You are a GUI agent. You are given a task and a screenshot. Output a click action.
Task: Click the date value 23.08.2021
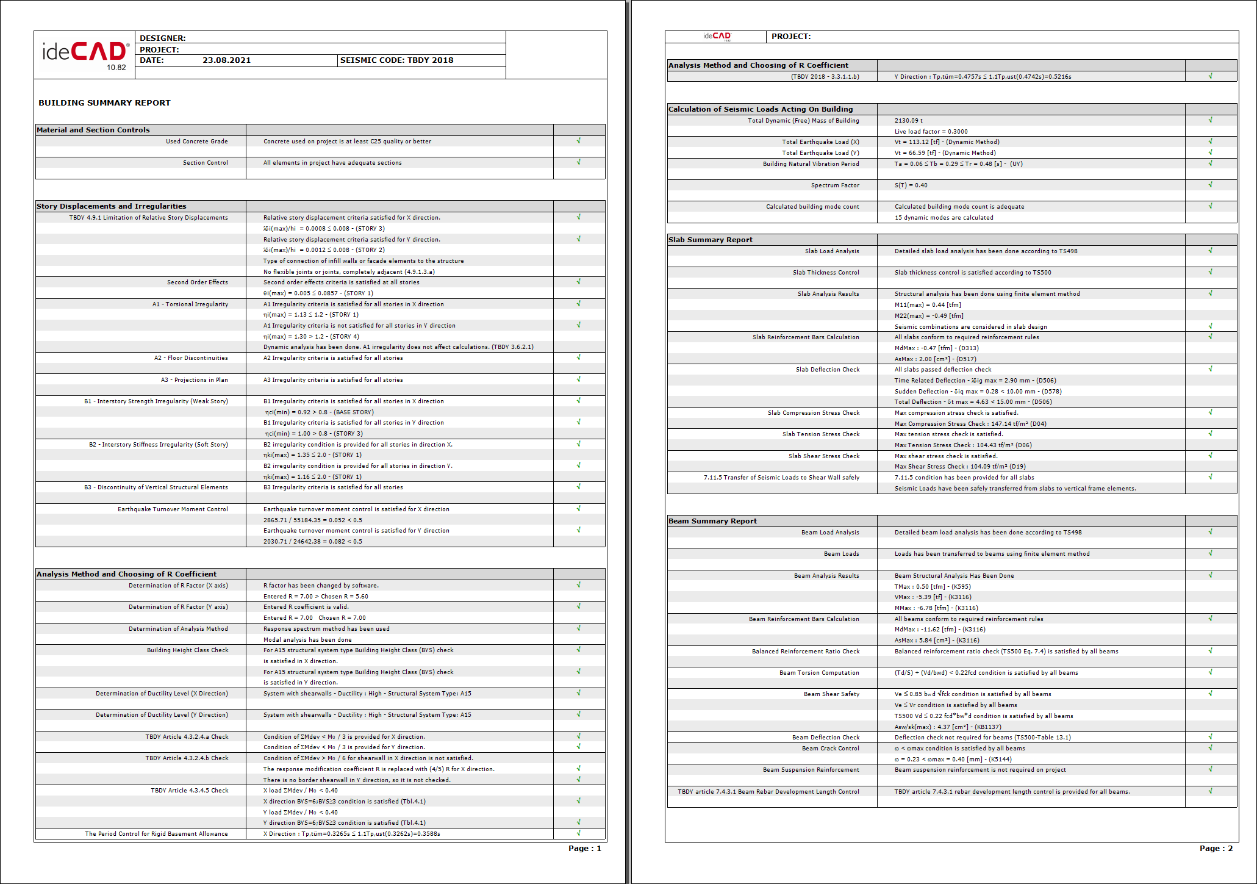click(x=226, y=60)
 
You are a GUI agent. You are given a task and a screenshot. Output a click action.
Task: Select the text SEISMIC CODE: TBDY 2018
click(x=396, y=60)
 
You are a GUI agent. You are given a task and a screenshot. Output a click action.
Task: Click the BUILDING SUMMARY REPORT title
click(x=104, y=103)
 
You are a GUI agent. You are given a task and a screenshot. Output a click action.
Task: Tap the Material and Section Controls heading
click(x=93, y=130)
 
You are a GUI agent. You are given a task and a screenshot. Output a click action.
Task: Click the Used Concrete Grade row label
click(x=196, y=142)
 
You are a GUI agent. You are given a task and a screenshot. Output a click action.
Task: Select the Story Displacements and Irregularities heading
click(x=111, y=206)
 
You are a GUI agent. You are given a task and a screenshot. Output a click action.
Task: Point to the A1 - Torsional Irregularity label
click(x=190, y=304)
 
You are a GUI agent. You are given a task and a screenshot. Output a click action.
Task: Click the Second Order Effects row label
click(x=197, y=282)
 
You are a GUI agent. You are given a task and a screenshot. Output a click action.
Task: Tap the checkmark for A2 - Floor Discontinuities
click(x=579, y=358)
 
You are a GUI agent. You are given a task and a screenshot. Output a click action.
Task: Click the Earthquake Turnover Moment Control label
click(x=173, y=509)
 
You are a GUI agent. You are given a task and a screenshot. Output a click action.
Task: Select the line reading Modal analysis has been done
click(x=307, y=640)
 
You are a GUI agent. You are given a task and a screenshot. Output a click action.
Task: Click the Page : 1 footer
click(x=584, y=849)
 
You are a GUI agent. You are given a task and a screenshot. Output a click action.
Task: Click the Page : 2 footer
click(x=1216, y=849)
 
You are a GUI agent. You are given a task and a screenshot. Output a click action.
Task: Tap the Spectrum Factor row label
click(x=834, y=185)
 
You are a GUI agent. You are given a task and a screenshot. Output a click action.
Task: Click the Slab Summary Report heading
click(x=710, y=240)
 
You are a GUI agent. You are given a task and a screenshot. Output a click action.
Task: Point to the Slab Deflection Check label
click(x=827, y=370)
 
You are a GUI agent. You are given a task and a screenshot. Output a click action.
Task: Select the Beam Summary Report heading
click(x=712, y=521)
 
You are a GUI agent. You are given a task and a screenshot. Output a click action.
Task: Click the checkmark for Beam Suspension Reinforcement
click(x=1210, y=769)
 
